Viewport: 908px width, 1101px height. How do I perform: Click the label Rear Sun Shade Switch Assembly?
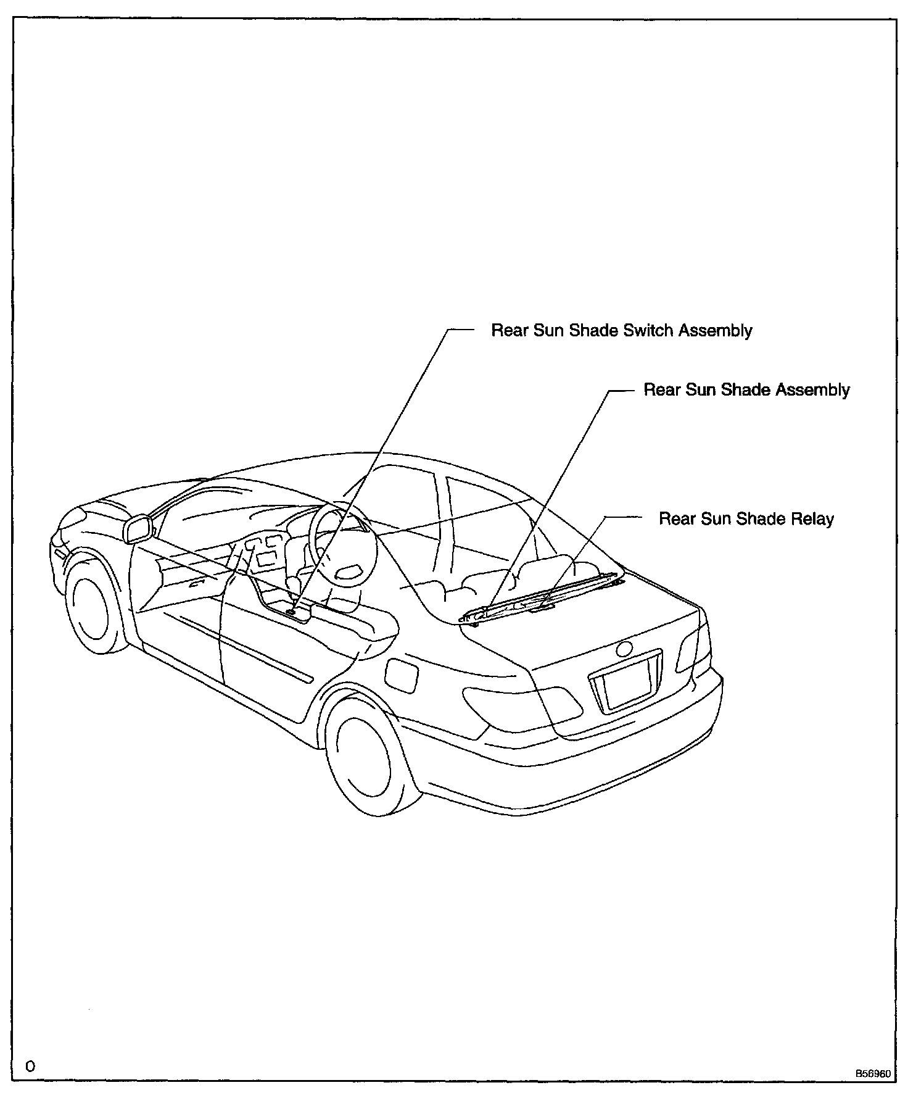(x=621, y=331)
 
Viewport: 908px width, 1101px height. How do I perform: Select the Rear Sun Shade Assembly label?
(x=746, y=390)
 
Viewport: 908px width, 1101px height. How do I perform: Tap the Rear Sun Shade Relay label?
(x=746, y=519)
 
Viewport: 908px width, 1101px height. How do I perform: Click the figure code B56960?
(x=872, y=1074)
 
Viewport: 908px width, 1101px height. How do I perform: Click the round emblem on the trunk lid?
(x=624, y=649)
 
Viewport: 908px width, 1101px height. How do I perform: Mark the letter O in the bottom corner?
(x=30, y=1066)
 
